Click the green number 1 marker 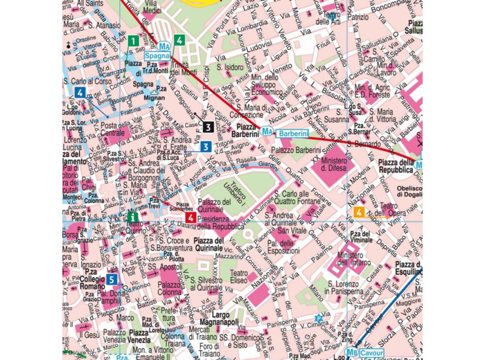click(132, 41)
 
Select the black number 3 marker click(207, 127)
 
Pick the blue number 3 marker click(206, 147)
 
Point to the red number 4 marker click(191, 218)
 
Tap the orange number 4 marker click(359, 213)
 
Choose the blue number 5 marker click(112, 280)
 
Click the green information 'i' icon click(132, 217)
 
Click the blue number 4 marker click(81, 92)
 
